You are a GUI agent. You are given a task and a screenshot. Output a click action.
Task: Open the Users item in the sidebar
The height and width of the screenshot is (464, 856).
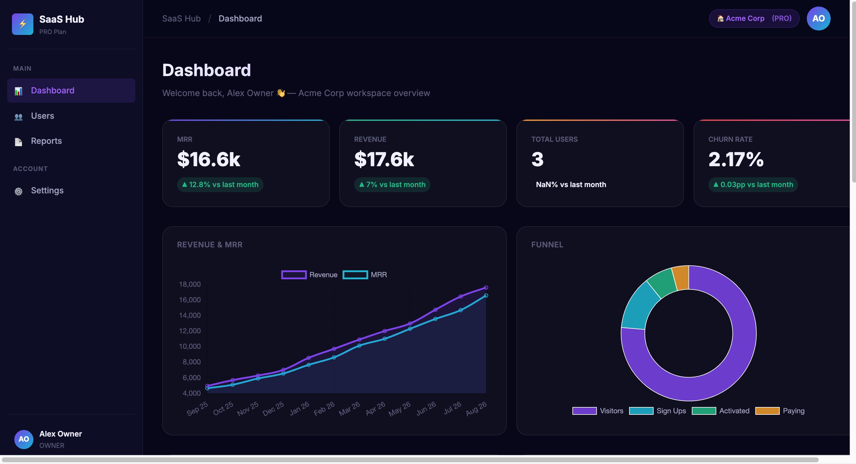coord(42,116)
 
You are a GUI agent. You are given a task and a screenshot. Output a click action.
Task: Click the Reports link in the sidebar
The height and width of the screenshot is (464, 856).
coord(46,141)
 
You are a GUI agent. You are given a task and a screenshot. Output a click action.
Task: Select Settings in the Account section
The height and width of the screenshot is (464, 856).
coord(47,191)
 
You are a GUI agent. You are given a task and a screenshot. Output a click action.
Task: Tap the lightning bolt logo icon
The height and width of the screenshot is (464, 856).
coord(23,24)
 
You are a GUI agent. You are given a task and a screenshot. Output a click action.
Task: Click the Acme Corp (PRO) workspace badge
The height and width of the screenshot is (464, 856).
coord(754,18)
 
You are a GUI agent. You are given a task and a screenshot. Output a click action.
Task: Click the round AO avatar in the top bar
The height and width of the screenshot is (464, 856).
coord(818,18)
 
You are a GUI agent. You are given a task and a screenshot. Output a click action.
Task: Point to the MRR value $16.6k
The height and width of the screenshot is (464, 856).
coord(208,159)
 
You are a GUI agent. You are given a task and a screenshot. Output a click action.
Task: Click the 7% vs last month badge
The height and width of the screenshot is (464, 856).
coord(392,185)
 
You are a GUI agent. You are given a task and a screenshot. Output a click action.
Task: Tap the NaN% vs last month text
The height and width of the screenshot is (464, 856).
coord(571,185)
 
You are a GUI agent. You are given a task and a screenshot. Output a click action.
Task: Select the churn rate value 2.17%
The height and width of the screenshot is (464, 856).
coord(736,159)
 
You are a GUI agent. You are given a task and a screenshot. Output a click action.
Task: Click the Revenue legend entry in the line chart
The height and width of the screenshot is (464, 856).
coord(309,275)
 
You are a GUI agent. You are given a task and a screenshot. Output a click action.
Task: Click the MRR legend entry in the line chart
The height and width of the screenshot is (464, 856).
coord(365,275)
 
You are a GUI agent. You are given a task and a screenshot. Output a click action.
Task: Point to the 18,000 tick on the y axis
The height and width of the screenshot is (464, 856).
coord(190,284)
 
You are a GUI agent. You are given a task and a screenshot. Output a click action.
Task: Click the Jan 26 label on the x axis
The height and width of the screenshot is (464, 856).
coord(299,408)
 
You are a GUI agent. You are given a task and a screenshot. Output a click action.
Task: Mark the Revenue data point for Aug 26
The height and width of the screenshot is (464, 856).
coord(486,287)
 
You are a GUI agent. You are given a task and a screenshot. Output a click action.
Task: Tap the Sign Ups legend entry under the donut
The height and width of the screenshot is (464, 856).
coord(657,411)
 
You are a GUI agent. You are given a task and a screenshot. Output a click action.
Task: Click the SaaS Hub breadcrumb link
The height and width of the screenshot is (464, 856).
coord(182,19)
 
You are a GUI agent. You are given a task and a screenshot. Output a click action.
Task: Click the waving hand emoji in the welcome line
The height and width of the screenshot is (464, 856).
coord(281,93)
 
